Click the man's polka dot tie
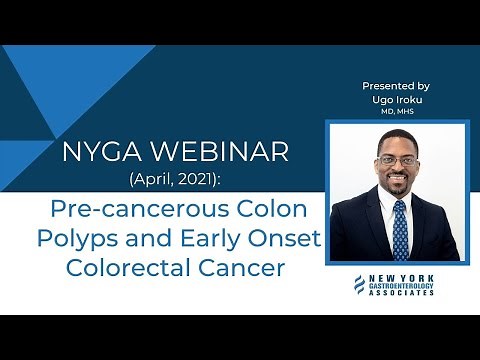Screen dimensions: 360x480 [x=400, y=231]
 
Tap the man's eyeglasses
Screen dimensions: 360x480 [x=397, y=161]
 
